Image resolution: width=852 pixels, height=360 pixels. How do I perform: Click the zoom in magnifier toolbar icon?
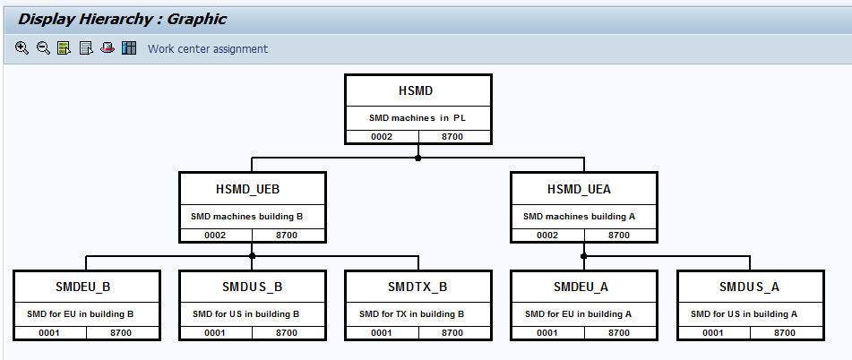[x=22, y=48]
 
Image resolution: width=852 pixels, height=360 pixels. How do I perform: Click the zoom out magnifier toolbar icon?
[x=43, y=48]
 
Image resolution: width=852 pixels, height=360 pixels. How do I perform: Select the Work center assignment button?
[x=207, y=48]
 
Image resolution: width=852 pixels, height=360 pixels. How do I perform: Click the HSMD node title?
[x=417, y=91]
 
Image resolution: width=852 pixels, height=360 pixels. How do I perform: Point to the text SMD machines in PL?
[x=417, y=117]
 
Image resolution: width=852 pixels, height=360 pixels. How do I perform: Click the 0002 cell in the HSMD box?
[x=382, y=136]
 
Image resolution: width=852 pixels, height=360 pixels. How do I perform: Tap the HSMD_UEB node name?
[x=254, y=189]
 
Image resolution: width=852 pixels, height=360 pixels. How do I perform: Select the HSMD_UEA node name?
[x=584, y=189]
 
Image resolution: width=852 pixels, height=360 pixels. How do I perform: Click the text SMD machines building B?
[x=246, y=216]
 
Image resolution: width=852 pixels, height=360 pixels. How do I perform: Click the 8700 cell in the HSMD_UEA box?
[x=619, y=235]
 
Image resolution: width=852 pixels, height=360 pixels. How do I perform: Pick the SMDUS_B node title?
[x=253, y=287]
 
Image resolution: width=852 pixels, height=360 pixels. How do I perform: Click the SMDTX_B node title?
[x=417, y=287]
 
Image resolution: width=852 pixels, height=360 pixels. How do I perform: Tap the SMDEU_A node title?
[x=583, y=287]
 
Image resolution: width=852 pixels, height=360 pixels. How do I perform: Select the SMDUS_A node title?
[x=749, y=287]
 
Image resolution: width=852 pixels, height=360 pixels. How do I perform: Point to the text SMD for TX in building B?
[x=411, y=314]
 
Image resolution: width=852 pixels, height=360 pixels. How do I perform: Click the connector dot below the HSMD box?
[x=417, y=158]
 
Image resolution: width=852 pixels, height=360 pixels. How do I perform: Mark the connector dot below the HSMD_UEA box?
[x=584, y=256]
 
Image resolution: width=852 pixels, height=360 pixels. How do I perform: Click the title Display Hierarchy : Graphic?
[x=123, y=19]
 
